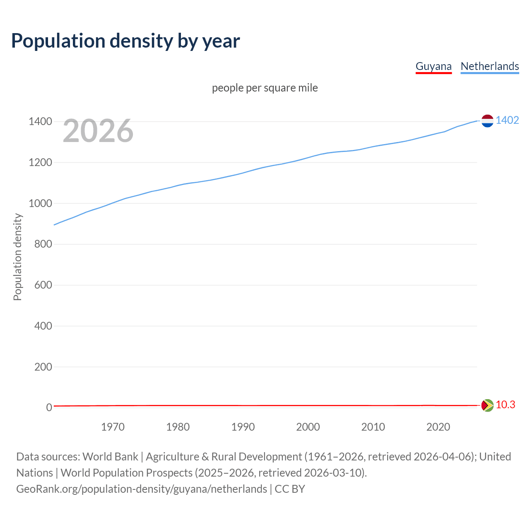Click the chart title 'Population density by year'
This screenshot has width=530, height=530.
click(125, 41)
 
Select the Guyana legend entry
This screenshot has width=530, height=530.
click(434, 66)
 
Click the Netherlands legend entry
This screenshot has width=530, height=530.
click(489, 66)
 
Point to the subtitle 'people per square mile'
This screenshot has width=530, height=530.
click(265, 88)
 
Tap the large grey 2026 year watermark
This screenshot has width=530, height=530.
click(98, 131)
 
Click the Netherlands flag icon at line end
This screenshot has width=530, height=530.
click(487, 120)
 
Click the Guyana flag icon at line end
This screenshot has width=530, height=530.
click(487, 405)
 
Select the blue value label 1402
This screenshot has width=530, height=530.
click(507, 120)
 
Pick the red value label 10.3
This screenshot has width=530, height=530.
click(505, 405)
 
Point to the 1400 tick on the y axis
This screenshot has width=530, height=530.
click(40, 121)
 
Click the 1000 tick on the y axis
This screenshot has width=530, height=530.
click(40, 203)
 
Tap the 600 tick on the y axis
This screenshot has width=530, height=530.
click(43, 285)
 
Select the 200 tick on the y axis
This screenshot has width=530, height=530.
click(43, 367)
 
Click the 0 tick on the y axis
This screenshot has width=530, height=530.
click(49, 407)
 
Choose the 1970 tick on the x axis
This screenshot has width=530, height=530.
click(113, 427)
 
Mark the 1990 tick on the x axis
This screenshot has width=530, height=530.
click(243, 427)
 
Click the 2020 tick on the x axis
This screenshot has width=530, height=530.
click(438, 427)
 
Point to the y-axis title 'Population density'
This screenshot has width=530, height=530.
click(17, 257)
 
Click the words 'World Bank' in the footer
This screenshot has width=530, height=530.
click(110, 457)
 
